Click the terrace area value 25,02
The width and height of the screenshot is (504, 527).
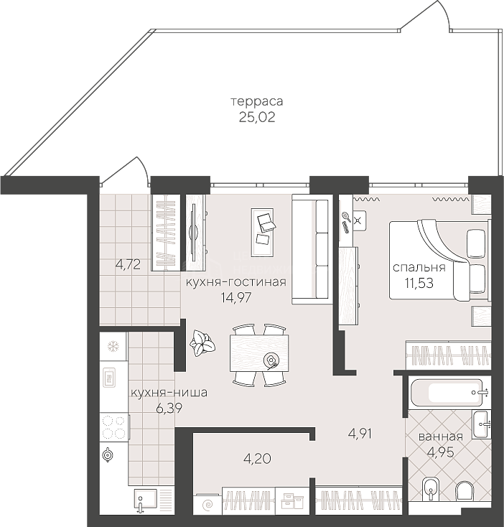[257, 117]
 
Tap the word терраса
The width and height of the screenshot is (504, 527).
[257, 101]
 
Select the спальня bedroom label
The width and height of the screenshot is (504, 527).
[419, 268]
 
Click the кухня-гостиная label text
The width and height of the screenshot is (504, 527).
[236, 282]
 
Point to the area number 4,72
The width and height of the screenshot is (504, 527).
[128, 265]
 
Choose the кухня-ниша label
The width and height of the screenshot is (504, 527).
[169, 393]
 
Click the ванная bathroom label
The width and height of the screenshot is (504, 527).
[441, 437]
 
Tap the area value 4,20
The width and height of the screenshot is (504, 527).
[257, 459]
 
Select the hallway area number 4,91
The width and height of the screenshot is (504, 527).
[360, 434]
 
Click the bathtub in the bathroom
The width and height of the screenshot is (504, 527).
[447, 392]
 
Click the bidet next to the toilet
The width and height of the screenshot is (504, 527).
[430, 488]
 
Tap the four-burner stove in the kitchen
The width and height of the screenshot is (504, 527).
[114, 427]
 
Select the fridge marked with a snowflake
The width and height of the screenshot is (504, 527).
[113, 347]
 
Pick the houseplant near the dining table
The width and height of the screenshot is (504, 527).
[202, 342]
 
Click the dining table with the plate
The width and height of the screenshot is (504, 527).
[259, 353]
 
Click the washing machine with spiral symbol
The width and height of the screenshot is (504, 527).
[208, 504]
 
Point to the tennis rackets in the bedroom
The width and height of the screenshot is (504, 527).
[346, 222]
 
